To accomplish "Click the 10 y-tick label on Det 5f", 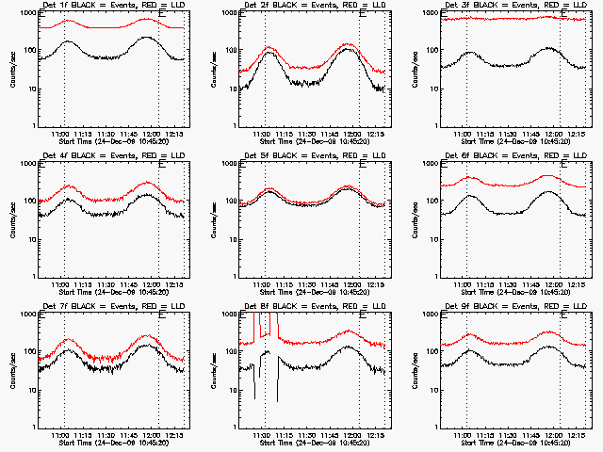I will [x=229, y=239].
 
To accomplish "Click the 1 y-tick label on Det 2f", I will [x=232, y=126].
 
